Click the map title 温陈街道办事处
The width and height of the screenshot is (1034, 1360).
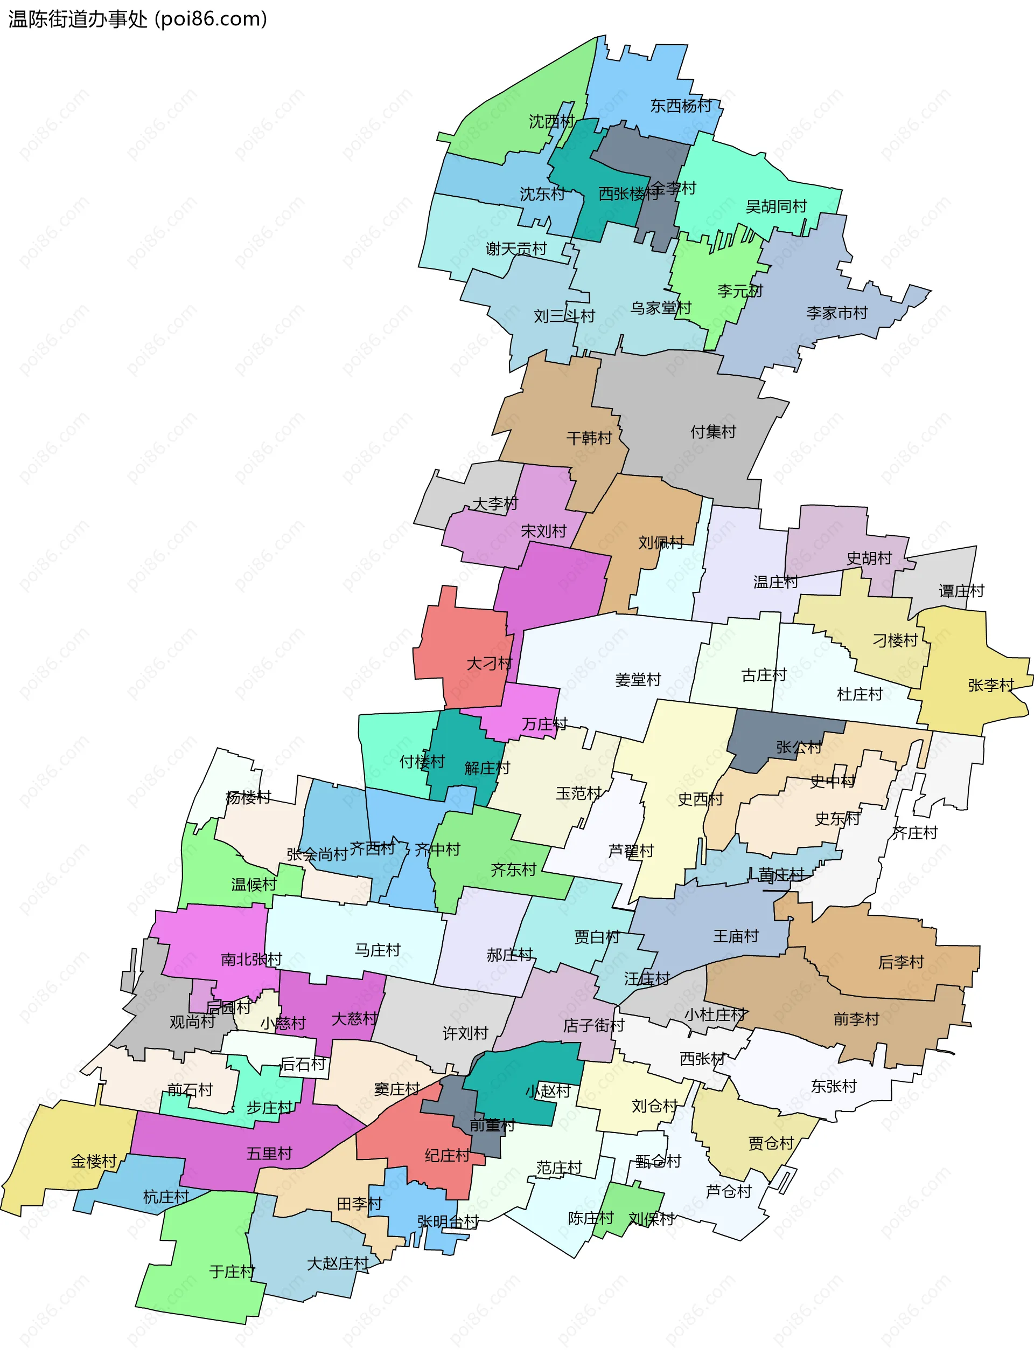pos(78,19)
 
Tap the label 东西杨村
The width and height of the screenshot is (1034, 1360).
pos(681,106)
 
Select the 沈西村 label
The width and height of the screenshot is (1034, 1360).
pos(551,121)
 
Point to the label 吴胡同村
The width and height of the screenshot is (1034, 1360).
pos(776,206)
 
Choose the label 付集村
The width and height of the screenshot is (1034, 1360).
pos(712,432)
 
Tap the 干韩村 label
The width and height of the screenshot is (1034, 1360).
pos(589,438)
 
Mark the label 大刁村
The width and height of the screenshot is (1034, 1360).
pos(490,664)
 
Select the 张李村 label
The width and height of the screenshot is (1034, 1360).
pos(991,685)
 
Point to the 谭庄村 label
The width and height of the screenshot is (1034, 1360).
pos(961,591)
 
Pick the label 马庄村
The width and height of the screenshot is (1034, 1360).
pos(378,950)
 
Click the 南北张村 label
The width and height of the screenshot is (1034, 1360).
pos(251,959)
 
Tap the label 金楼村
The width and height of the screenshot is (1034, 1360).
pos(94,1161)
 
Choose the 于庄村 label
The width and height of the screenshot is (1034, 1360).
pos(232,1271)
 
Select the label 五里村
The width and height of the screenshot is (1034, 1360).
pos(269,1154)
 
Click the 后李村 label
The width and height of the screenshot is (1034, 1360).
pos(901,962)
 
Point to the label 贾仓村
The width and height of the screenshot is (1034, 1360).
pos(771,1143)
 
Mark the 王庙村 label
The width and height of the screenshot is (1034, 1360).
pos(736,936)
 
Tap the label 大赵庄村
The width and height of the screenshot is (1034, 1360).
pos(338,1264)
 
